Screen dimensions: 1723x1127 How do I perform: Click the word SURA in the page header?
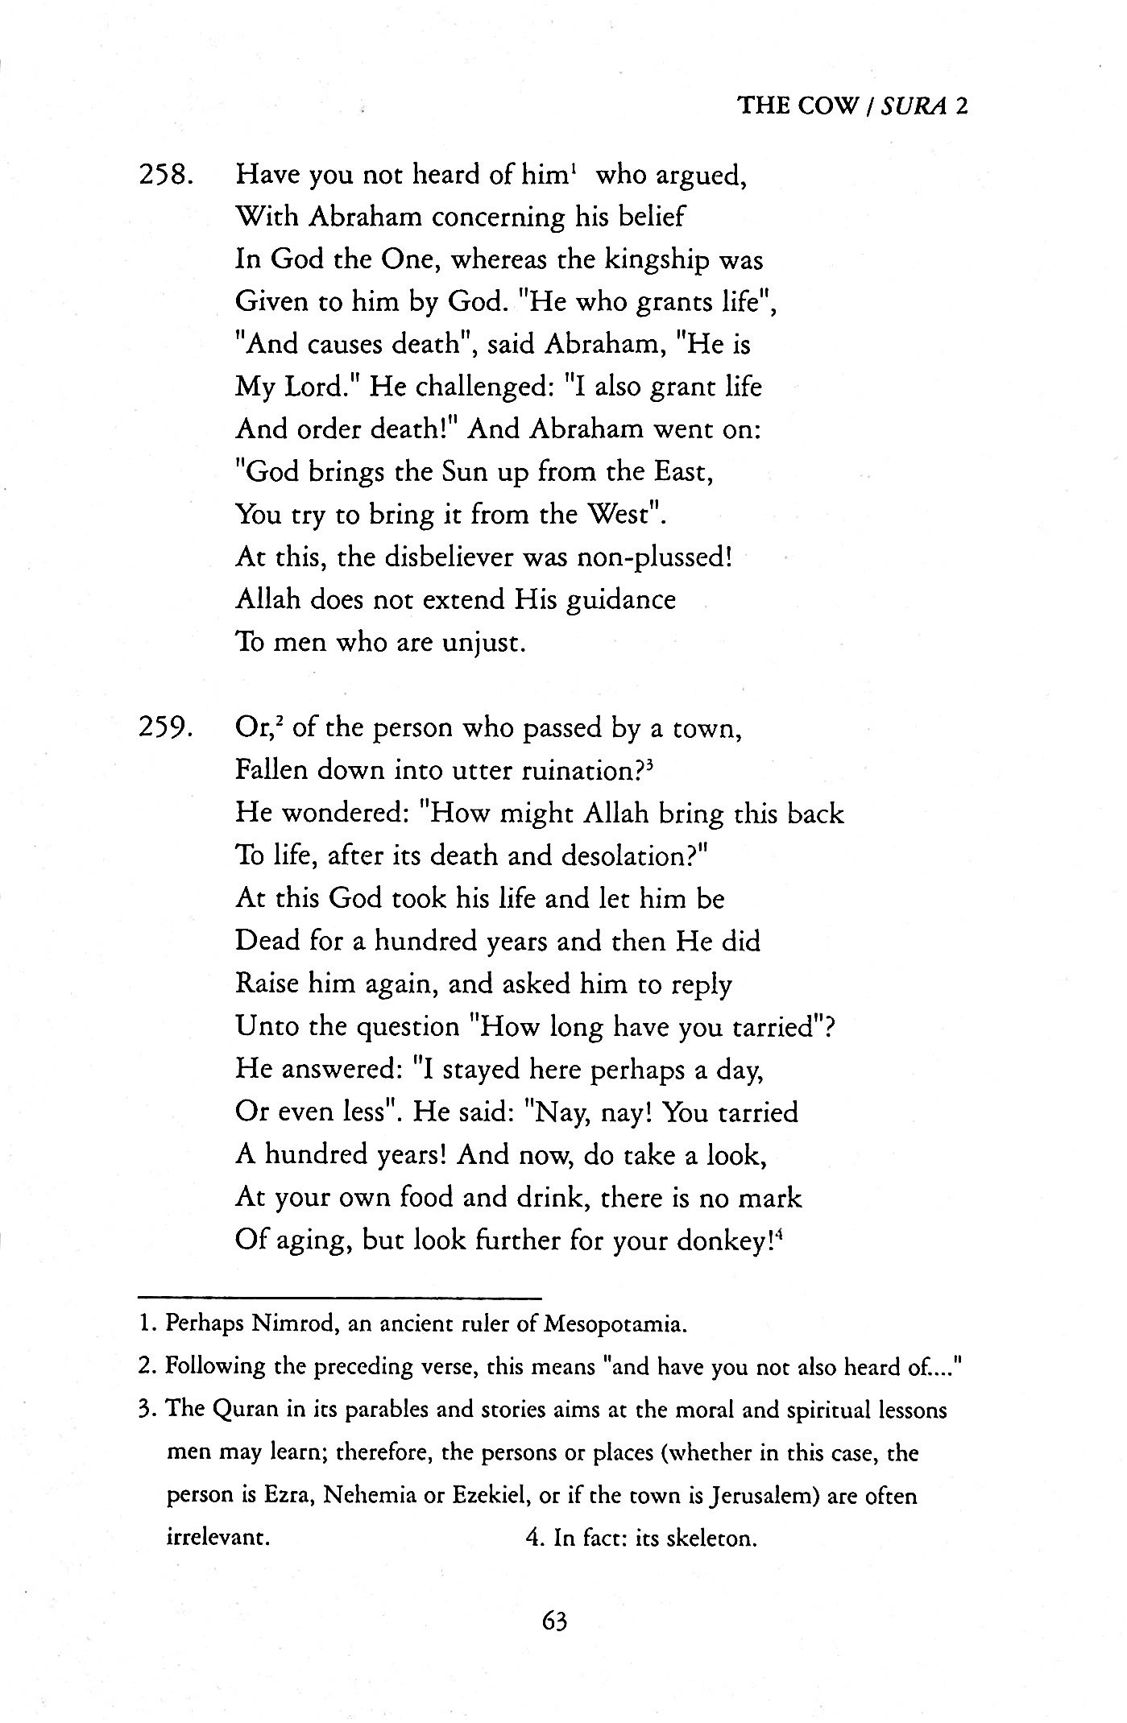point(913,106)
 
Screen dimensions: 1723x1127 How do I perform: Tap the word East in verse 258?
point(680,471)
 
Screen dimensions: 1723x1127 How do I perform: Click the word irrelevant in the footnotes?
point(217,1539)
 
